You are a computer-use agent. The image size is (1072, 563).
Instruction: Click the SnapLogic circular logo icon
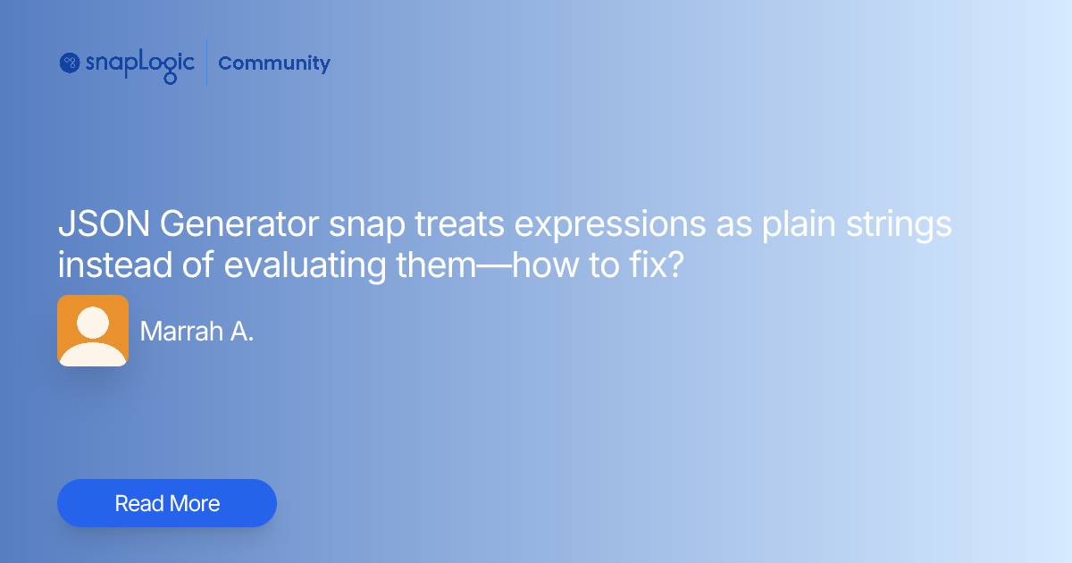pos(71,63)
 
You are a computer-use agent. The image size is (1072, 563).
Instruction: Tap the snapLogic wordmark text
pos(139,63)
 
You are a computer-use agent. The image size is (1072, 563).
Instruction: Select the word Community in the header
pos(274,63)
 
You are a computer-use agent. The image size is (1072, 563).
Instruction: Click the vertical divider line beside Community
pos(206,63)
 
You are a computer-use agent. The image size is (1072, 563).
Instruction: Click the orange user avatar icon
pos(93,331)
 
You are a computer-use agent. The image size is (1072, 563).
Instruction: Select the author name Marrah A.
pos(197,332)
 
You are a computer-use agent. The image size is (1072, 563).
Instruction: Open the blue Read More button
pos(167,503)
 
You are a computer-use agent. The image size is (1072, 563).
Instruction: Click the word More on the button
pos(194,503)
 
